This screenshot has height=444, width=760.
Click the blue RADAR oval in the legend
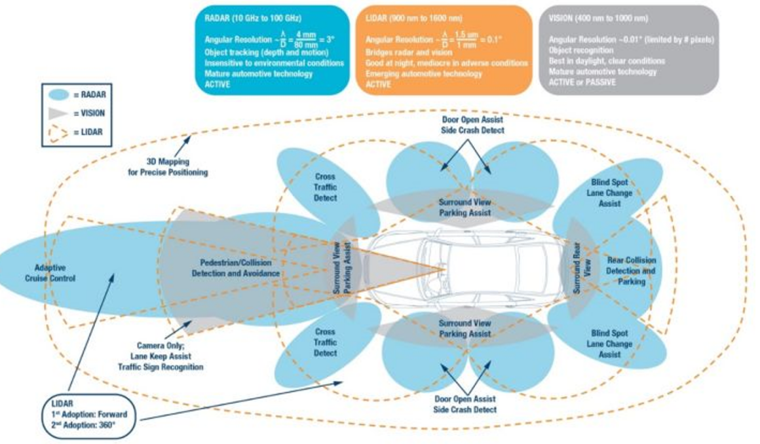(58, 95)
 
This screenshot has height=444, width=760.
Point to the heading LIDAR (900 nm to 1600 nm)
(404, 18)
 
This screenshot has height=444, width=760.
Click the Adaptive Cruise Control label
(50, 273)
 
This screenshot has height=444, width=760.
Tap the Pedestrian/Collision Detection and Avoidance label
(235, 268)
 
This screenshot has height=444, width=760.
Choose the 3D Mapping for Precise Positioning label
(168, 167)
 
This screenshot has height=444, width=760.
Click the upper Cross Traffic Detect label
(325, 187)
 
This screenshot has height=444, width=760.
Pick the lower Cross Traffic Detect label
(325, 342)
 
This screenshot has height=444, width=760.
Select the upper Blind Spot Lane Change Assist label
(609, 193)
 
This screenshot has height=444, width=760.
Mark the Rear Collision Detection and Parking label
(630, 271)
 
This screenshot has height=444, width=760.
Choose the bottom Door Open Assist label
(465, 404)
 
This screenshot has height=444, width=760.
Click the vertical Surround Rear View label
(582, 268)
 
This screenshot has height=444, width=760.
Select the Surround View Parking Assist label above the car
(465, 208)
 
